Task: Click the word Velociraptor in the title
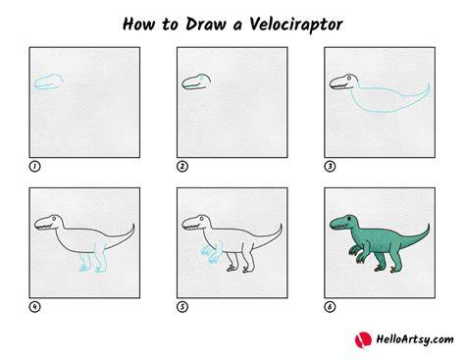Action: (296, 25)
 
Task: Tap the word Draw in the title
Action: (205, 25)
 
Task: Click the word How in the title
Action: (138, 25)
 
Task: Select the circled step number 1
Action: (34, 167)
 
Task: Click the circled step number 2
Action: (182, 167)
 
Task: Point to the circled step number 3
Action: (330, 167)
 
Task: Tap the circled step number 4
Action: (34, 307)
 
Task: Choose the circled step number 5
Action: (182, 307)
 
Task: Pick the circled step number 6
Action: (330, 307)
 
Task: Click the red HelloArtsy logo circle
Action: (363, 339)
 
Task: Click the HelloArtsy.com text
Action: (415, 339)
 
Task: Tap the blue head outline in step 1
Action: (48, 81)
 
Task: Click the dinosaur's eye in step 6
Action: (349, 218)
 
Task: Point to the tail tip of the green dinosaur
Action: (429, 225)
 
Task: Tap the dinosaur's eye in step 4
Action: (54, 218)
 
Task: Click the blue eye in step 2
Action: (202, 78)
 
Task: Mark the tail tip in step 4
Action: (133, 225)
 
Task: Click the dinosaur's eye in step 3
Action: (349, 78)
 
